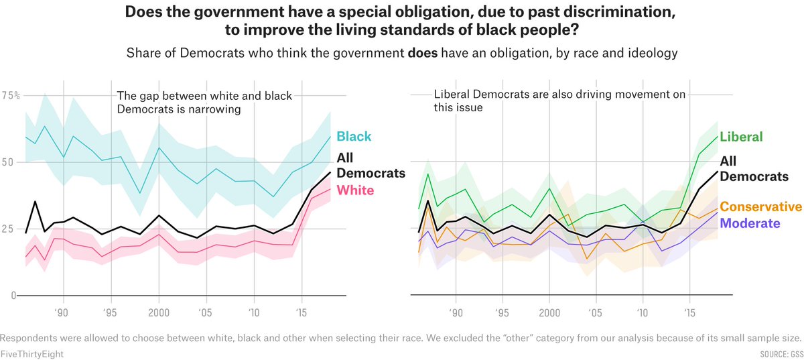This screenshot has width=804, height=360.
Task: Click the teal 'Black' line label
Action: pos(354,137)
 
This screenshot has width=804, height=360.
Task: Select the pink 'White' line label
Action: pos(354,190)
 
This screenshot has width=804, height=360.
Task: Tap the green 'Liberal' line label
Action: pos(741,137)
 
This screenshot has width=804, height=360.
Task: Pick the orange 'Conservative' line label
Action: pos(761,206)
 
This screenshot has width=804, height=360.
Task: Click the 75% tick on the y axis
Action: pos(11,95)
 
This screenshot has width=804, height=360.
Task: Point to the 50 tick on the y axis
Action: pos(9,162)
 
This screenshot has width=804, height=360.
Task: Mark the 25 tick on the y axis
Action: pos(9,229)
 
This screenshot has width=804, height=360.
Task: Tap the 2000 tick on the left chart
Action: pos(159,312)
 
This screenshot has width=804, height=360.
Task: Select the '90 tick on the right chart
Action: pos(456,312)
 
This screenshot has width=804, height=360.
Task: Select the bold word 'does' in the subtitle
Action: pos(422,54)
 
